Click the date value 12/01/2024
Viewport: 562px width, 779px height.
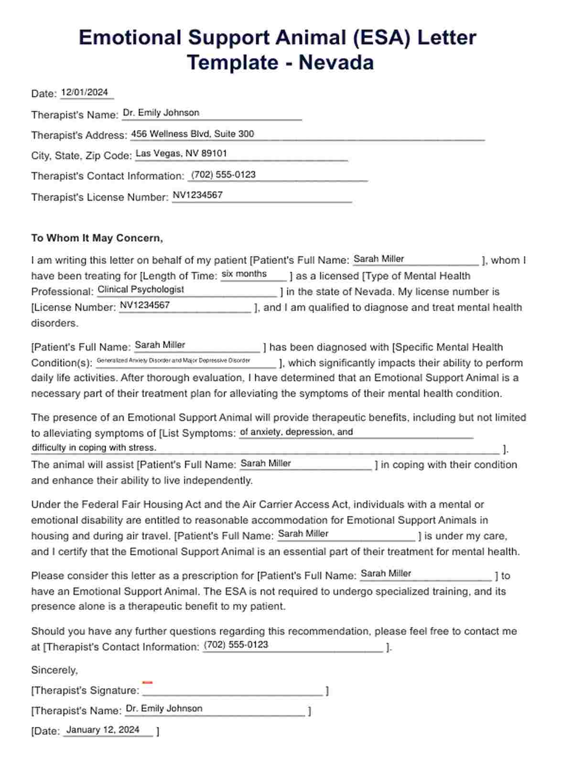point(85,92)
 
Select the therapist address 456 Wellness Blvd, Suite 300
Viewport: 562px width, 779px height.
point(192,134)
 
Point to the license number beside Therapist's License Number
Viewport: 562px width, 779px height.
point(197,195)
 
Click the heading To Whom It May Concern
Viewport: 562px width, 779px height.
point(97,238)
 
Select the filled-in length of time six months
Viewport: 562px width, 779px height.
point(244,274)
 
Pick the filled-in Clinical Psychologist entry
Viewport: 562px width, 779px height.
point(140,289)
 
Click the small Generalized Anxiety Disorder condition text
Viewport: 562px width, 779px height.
point(173,360)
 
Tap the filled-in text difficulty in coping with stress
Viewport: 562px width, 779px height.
point(94,448)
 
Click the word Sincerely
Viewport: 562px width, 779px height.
point(54,670)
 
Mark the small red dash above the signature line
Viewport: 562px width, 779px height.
point(147,682)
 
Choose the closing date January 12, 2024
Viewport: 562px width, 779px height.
point(103,729)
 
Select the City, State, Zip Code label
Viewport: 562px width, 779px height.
point(81,156)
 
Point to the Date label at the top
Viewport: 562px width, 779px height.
point(43,94)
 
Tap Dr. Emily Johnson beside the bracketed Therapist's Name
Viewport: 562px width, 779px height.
point(164,708)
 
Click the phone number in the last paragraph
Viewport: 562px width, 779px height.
point(236,644)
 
